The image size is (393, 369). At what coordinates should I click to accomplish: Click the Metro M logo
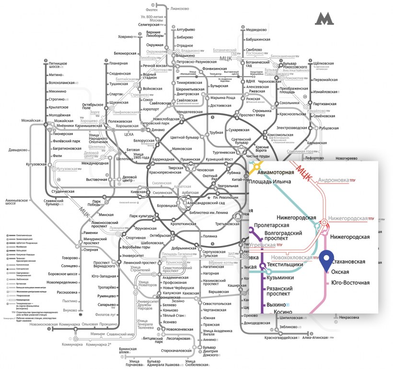coord(324,19)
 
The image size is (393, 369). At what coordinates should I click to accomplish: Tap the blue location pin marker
coord(328,260)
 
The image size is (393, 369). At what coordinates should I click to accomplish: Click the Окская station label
coord(344,272)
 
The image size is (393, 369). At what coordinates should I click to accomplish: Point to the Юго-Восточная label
coord(350,282)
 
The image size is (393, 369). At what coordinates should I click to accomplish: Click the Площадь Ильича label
coord(286,182)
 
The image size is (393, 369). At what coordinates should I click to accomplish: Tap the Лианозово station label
coord(180,9)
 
